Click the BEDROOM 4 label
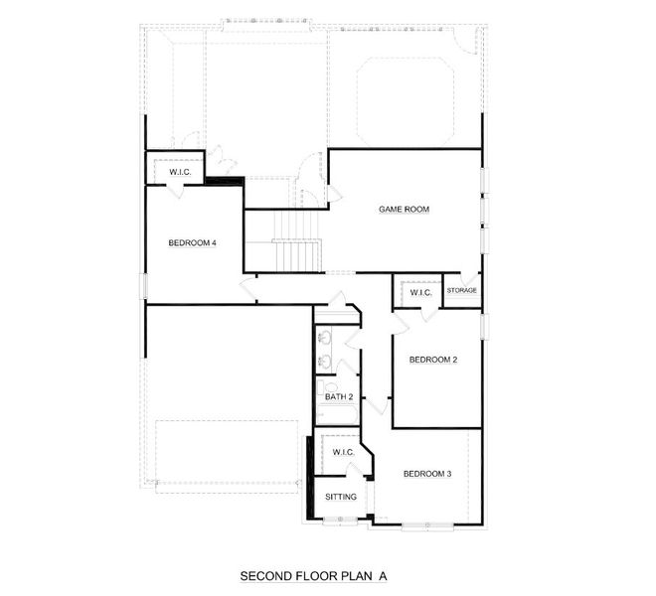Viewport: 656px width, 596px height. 192,242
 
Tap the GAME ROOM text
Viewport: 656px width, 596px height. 403,210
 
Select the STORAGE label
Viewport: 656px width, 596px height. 461,290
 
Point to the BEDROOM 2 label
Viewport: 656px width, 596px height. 433,360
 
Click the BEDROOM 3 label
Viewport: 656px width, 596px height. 427,474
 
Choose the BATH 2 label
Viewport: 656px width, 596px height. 339,397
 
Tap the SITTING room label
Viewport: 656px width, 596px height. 341,497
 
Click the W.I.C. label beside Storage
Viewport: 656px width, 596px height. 420,292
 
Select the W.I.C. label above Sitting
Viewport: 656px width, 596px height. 343,452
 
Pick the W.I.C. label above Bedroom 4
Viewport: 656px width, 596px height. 180,173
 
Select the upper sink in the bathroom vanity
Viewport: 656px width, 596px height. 325,338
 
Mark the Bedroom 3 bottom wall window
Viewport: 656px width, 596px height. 428,525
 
